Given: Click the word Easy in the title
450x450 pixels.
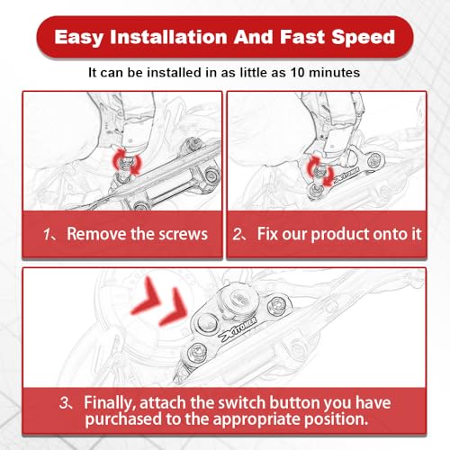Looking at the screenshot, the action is point(79,38).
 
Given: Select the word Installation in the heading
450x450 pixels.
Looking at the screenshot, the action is point(168,37).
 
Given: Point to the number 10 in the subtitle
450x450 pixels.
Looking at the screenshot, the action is point(298,73).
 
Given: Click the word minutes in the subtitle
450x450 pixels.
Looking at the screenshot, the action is point(334,73).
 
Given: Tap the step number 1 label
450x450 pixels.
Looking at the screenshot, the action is point(48,234).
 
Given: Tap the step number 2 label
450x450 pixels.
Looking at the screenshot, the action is point(238,234).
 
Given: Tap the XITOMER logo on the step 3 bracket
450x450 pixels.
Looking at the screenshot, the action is point(238,330).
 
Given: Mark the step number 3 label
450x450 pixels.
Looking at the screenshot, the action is point(65,402).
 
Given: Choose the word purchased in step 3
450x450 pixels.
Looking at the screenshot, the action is point(123,419).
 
